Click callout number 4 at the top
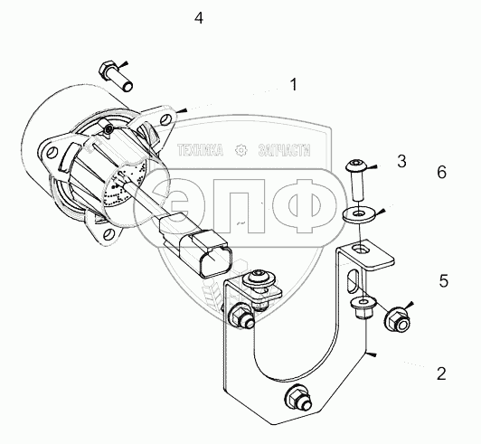199,18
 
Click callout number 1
294,85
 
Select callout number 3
401,161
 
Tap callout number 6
442,172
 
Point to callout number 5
444,280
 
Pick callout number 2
441,373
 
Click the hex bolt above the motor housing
116,76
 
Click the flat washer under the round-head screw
359,214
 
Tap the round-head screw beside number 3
357,179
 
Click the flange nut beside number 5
397,321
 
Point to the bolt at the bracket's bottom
298,398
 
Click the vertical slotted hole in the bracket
353,280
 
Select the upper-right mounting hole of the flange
165,118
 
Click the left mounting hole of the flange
52,153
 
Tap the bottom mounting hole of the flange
108,234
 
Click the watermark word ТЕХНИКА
201,150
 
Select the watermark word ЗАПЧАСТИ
284,150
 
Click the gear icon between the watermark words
240,150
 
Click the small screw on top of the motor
108,130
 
